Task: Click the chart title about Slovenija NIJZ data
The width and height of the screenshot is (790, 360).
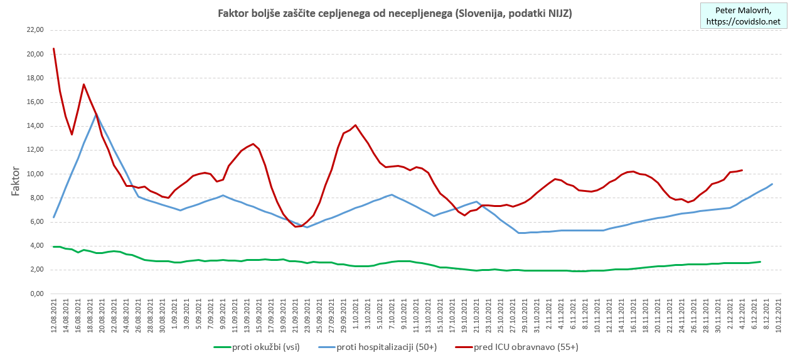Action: tap(394, 13)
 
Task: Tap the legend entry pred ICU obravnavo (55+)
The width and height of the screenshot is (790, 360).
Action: tap(518, 346)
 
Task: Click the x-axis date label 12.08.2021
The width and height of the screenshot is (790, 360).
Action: tap(54, 316)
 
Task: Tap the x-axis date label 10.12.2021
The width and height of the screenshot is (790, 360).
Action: tap(778, 316)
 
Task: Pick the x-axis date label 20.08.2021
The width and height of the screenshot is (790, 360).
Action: tap(102, 316)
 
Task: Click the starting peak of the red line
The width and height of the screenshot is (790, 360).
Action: tap(54, 48)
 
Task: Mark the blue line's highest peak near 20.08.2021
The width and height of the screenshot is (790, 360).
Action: tap(96, 114)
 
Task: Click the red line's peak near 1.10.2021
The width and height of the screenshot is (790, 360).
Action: tap(356, 125)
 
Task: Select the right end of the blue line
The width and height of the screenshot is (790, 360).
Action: tap(772, 184)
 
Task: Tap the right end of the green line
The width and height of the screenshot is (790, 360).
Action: tap(760, 262)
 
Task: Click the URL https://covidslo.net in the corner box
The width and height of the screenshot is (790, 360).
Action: tap(743, 22)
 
